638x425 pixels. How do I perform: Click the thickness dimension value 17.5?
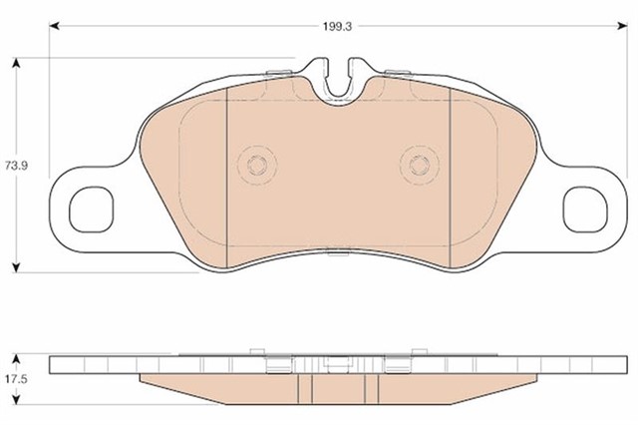tap(13, 379)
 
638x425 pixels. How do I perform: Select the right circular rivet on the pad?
tap(416, 164)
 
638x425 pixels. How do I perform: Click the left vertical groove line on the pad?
tap(228, 180)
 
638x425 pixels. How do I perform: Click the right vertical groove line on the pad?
tap(451, 180)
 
